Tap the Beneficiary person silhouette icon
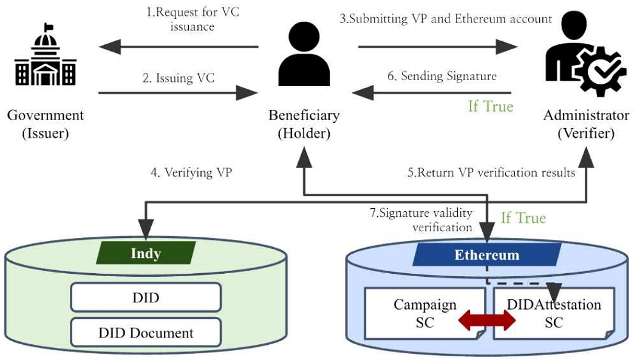pyautogui.click(x=304, y=55)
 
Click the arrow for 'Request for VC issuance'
pyautogui.click(x=179, y=46)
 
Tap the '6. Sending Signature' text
pyautogui.click(x=442, y=76)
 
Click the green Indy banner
pyautogui.click(x=146, y=253)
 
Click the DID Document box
pyautogui.click(x=146, y=333)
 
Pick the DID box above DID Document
pyautogui.click(x=146, y=297)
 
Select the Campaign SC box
pyautogui.click(x=424, y=313)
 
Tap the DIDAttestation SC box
pyautogui.click(x=554, y=313)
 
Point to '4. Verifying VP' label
pyautogui.click(x=191, y=172)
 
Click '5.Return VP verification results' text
pyautogui.click(x=491, y=172)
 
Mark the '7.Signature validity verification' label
pyautogui.click(x=421, y=220)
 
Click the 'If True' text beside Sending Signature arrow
pyautogui.click(x=490, y=107)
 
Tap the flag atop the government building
pyautogui.click(x=49, y=27)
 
